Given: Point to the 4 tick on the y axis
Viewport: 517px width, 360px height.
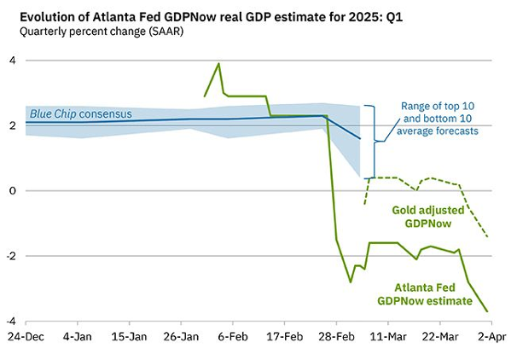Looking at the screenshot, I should click(x=12, y=61).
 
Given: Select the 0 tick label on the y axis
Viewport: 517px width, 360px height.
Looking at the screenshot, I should click(x=12, y=191).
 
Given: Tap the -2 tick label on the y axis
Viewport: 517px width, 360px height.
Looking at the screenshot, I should click(x=10, y=256).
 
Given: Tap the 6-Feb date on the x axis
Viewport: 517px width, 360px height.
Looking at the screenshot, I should click(x=232, y=337).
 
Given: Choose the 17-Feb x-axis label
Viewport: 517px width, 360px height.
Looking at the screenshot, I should click(x=284, y=337).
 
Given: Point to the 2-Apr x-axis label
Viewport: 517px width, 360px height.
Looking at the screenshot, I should click(x=489, y=337).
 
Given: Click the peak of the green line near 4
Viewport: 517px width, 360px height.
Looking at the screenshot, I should click(x=219, y=63).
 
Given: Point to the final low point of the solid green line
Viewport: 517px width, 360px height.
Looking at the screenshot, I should click(x=487, y=311).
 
